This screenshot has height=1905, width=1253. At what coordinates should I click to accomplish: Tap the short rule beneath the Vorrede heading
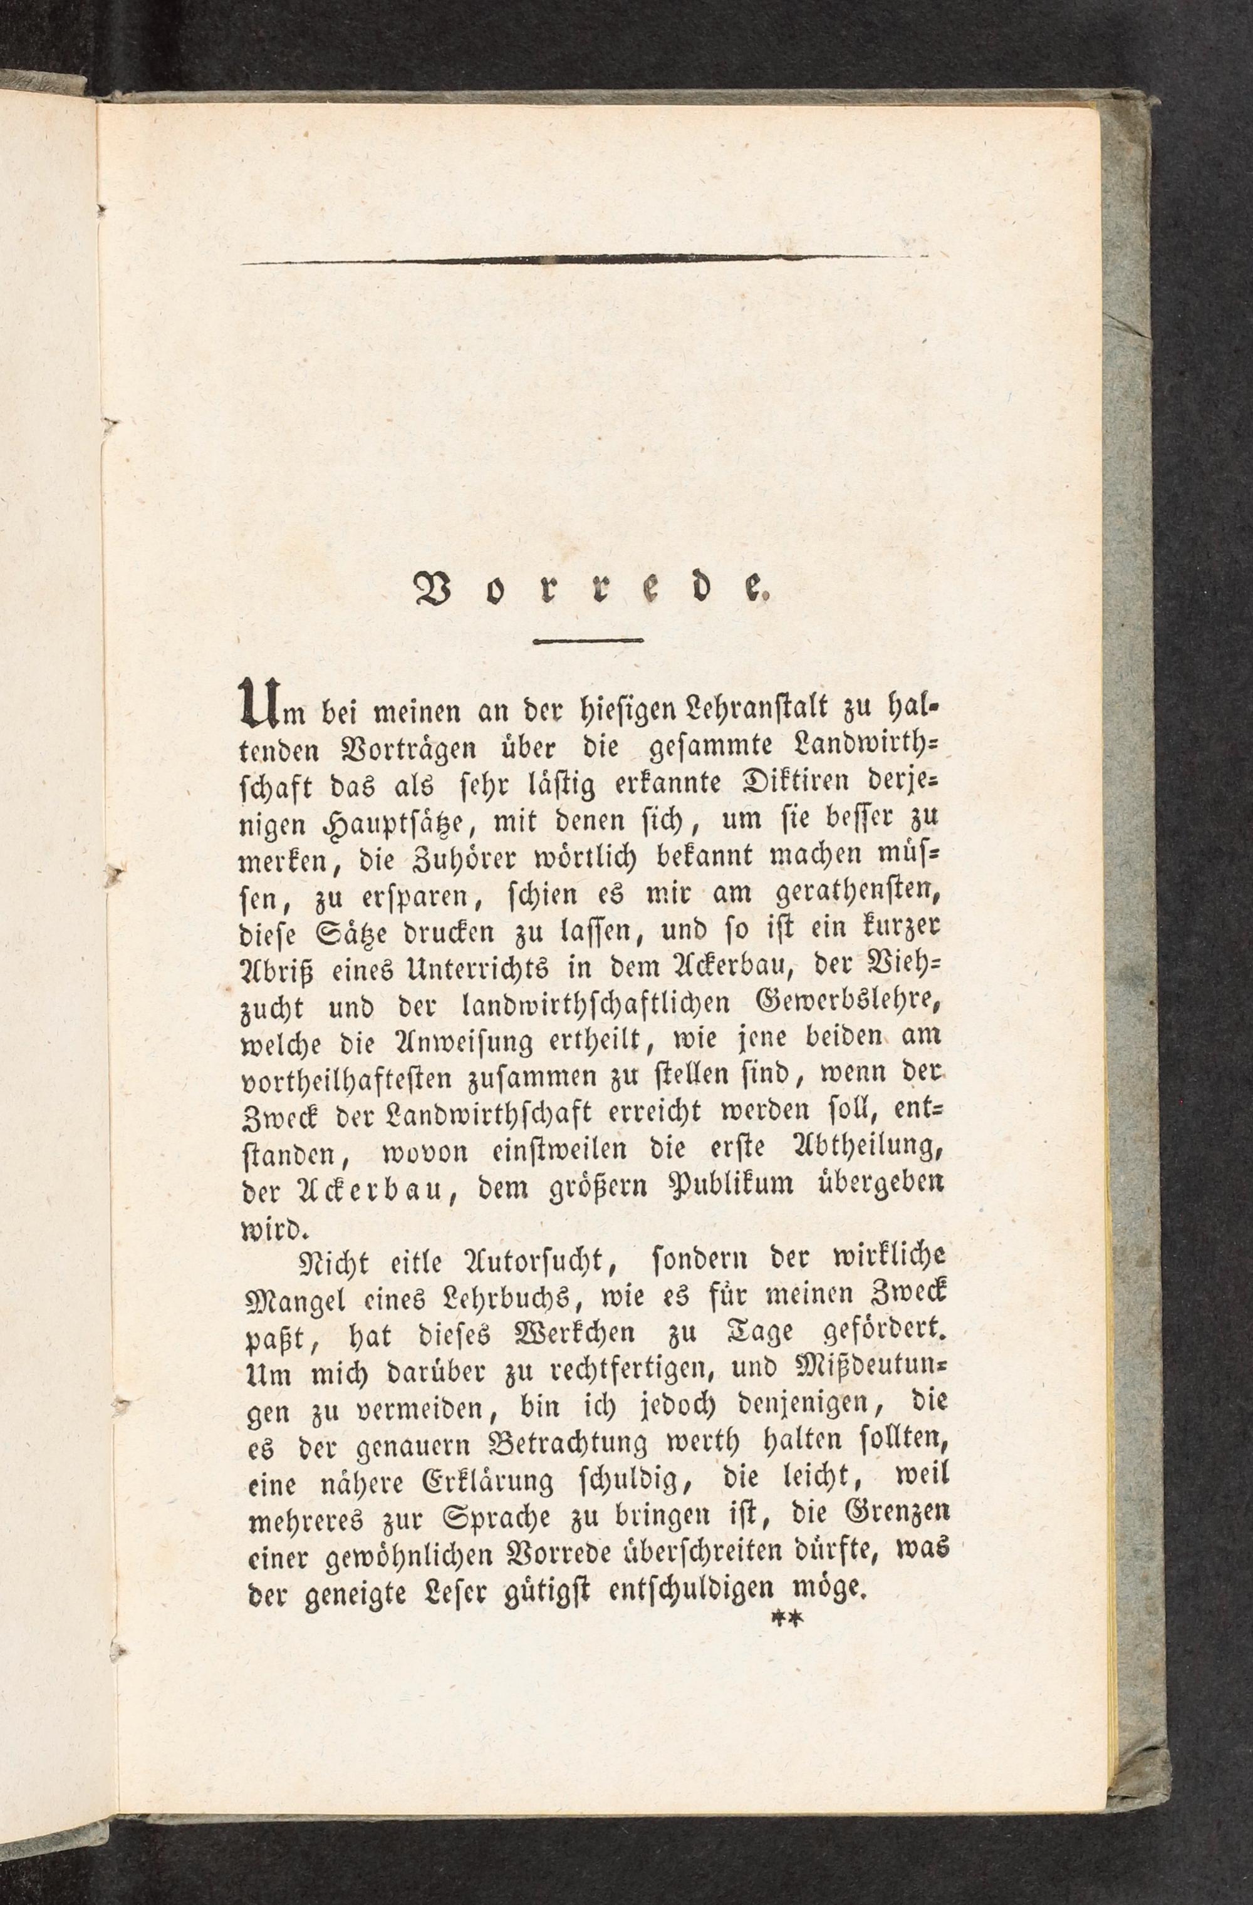pos(588,639)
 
